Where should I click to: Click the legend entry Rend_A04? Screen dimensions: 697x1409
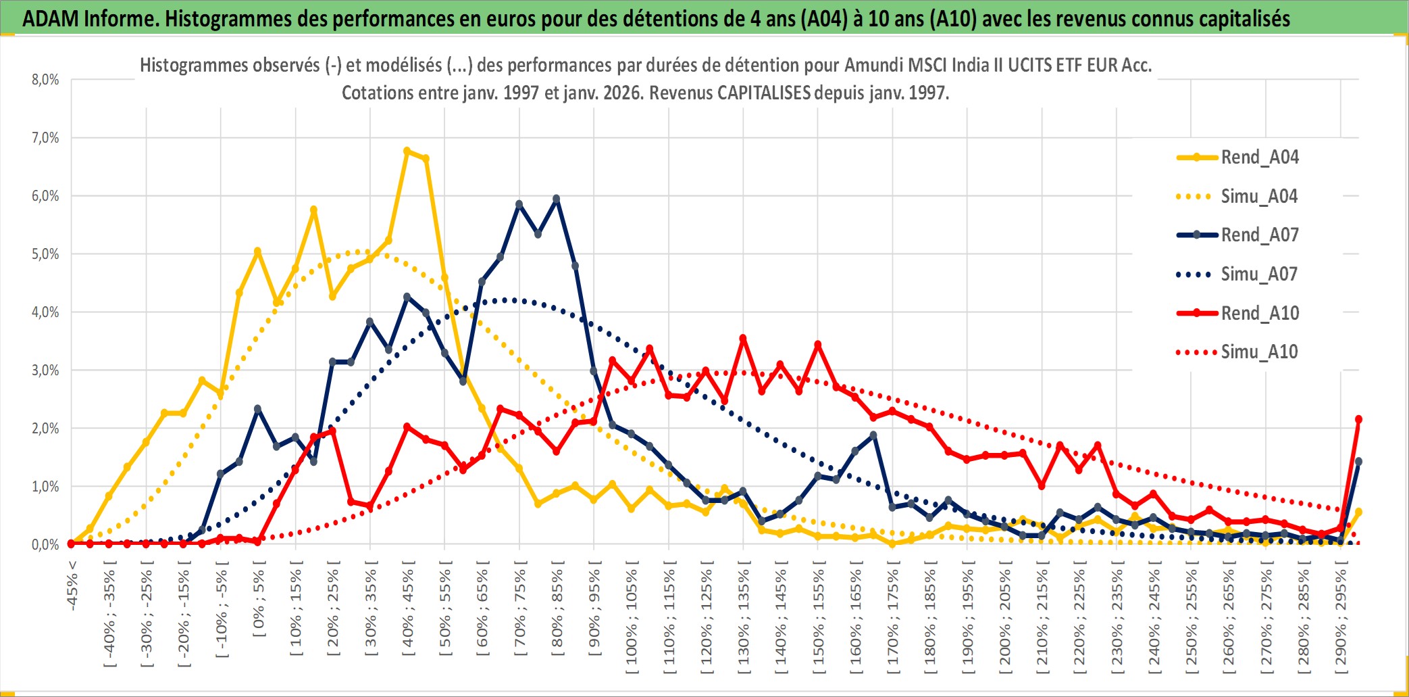1259,158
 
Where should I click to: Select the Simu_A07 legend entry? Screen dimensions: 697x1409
1259,274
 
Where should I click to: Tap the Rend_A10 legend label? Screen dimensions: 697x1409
1260,314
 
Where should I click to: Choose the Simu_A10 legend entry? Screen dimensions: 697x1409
1259,352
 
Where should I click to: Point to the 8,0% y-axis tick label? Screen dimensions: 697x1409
45,80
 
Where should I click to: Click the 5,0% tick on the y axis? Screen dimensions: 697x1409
45,254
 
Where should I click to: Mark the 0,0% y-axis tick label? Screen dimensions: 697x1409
45,545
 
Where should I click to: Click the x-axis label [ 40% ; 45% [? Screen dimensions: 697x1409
408,612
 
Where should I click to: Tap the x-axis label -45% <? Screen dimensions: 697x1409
72,585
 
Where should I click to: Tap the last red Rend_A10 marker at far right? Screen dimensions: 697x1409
1358,419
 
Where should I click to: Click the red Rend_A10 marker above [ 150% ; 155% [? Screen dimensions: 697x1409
817,345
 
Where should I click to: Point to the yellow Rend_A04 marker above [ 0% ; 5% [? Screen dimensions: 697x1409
257,251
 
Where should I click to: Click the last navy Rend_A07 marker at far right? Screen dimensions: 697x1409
1358,462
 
